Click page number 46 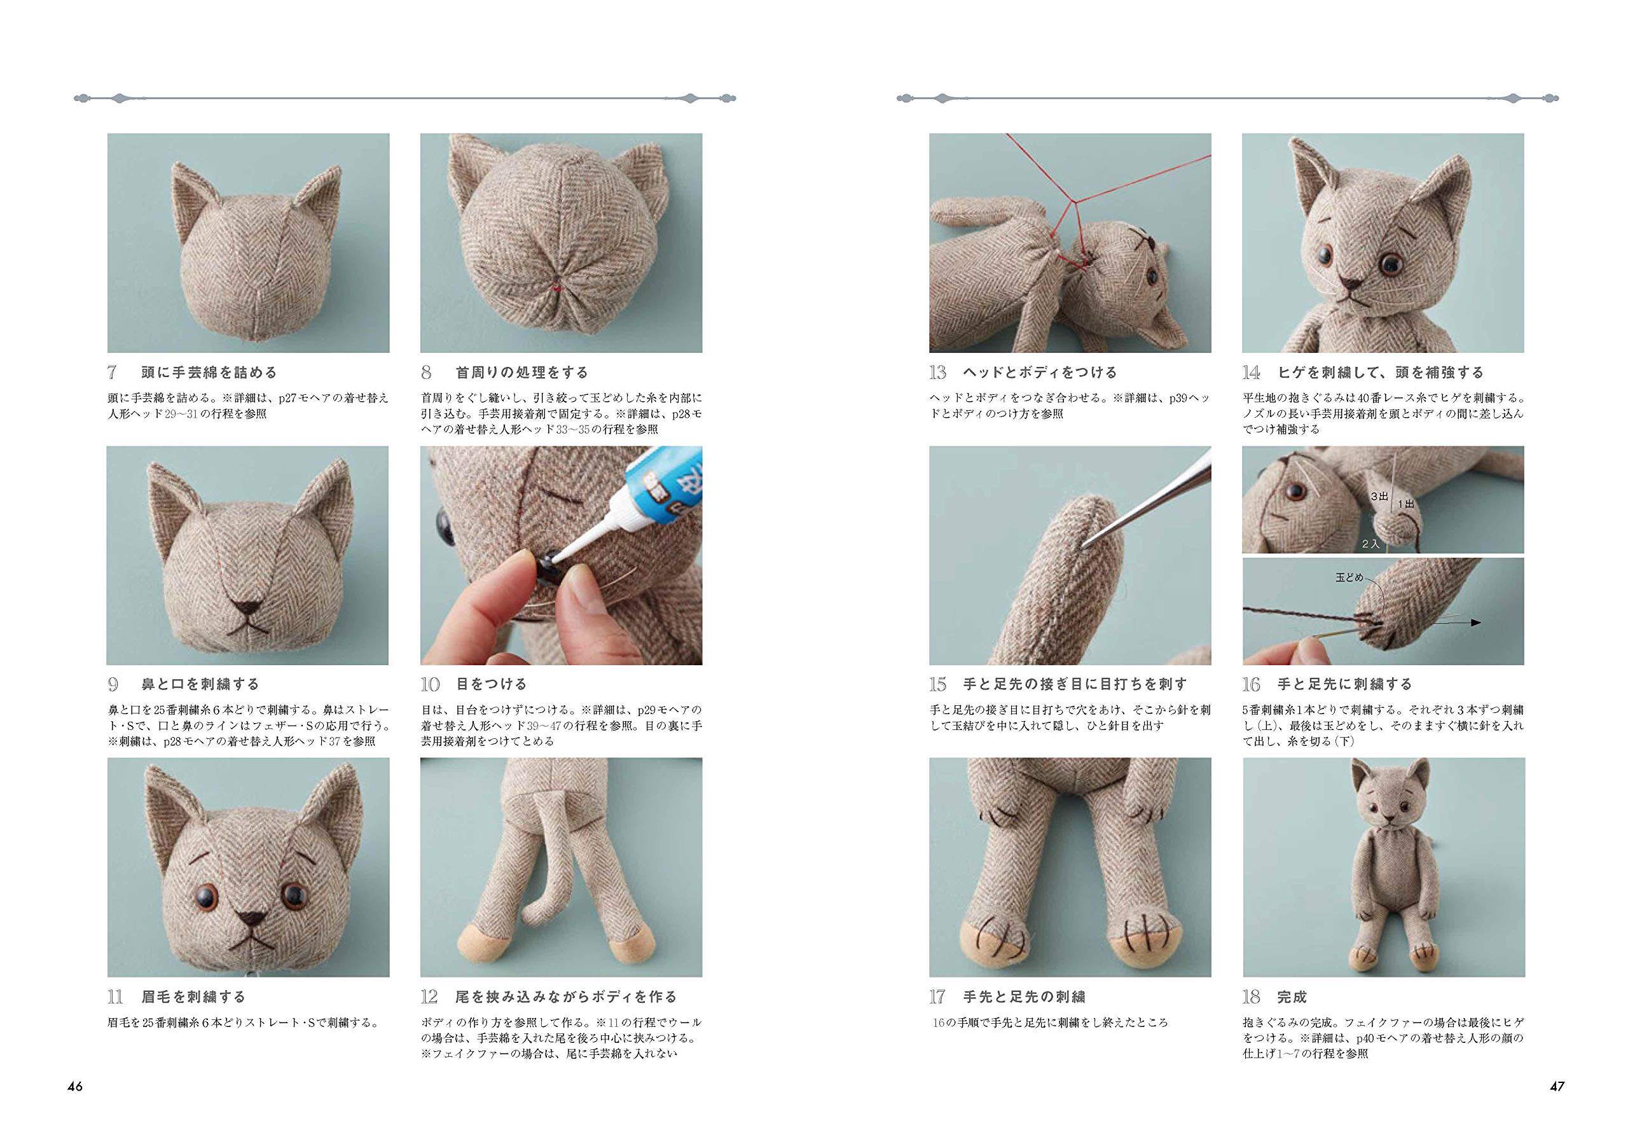point(75,1087)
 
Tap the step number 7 point(112,373)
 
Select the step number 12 point(429,997)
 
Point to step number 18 point(1251,997)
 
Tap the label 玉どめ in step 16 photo point(1349,577)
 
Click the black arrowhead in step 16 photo point(1475,623)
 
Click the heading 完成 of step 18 point(1292,997)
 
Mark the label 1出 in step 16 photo point(1406,505)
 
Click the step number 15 point(937,685)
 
